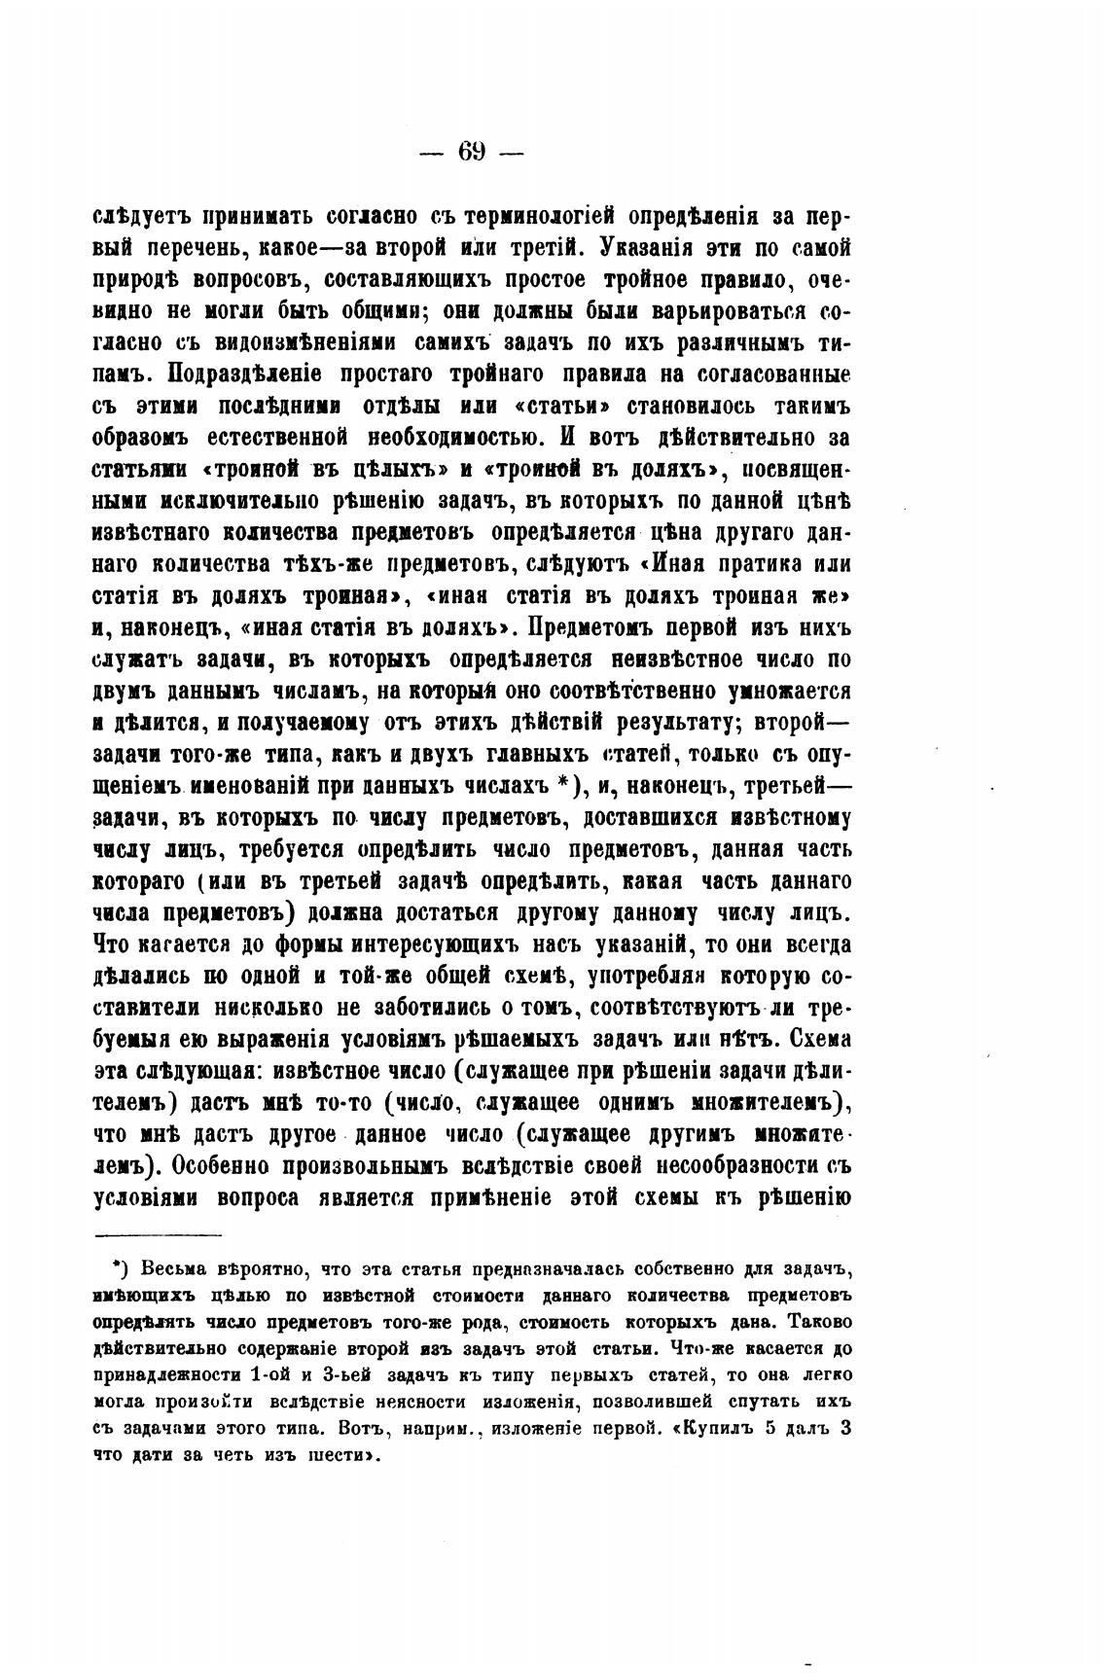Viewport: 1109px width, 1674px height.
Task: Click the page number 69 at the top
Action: click(472, 152)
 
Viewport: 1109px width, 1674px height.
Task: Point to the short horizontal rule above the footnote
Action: click(159, 1235)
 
